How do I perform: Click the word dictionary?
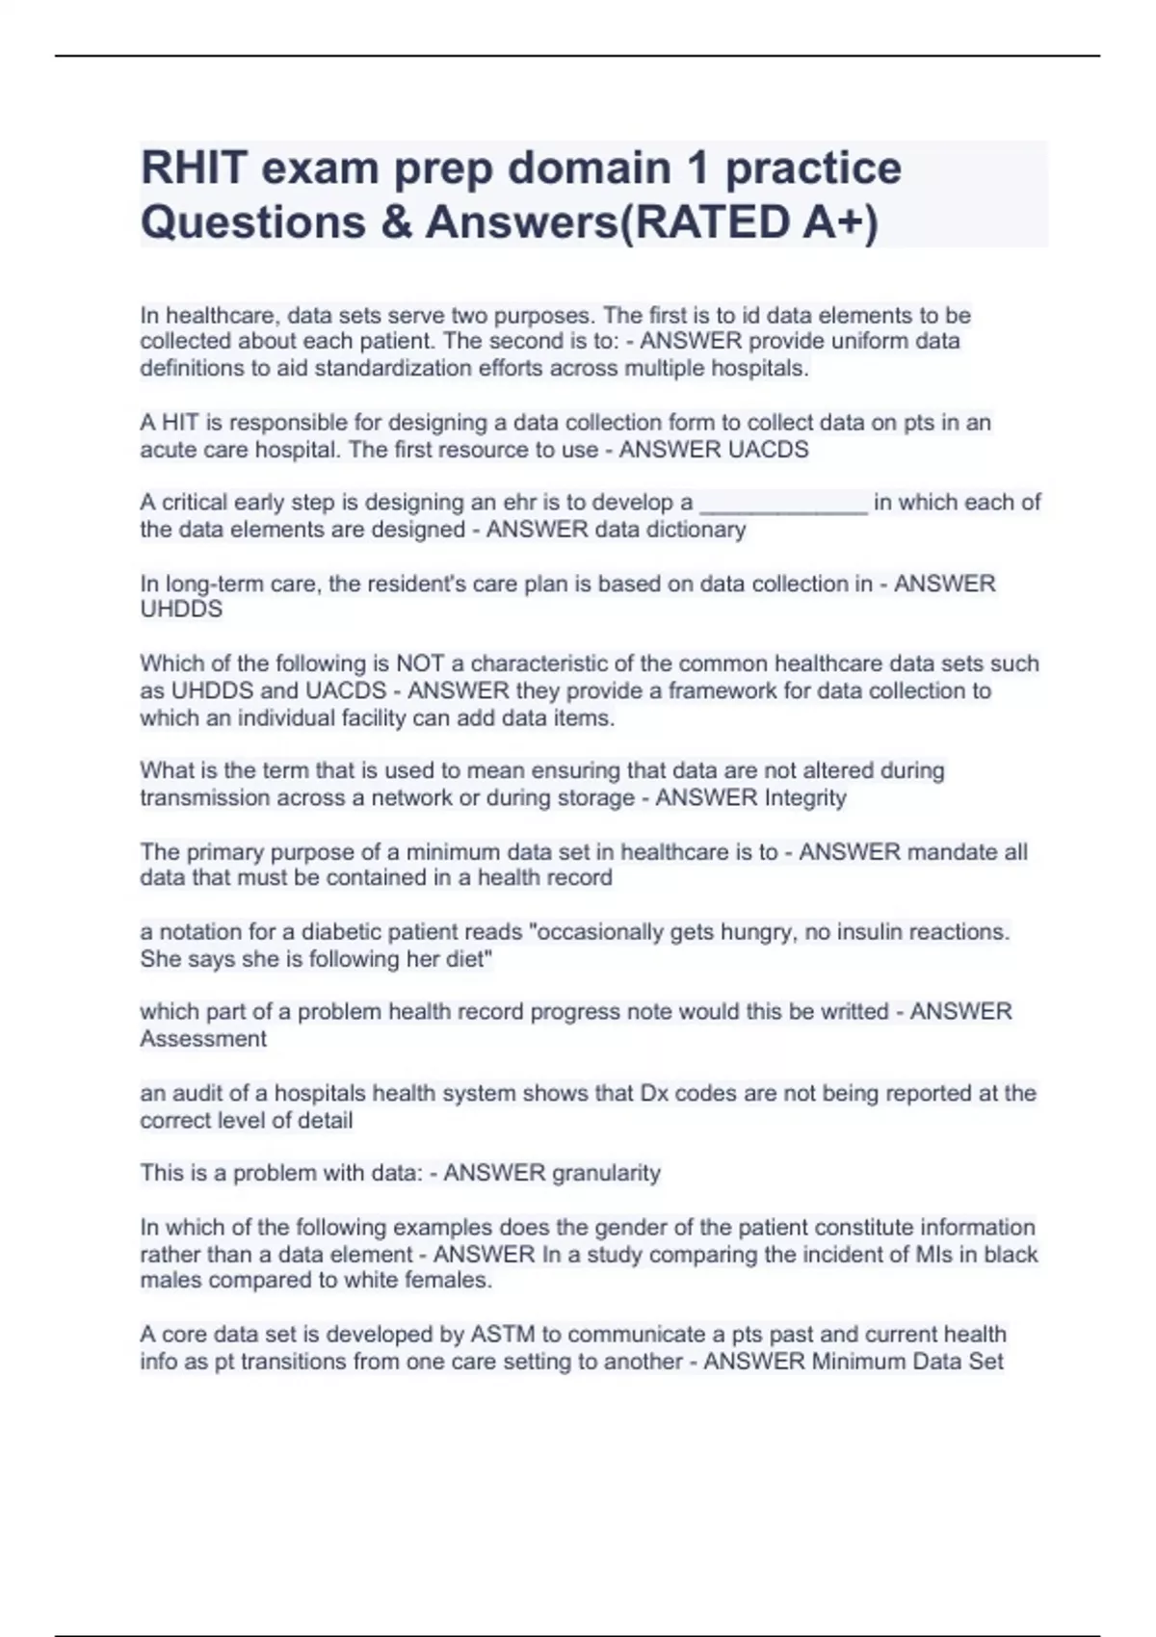699,530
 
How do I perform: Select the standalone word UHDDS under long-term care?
181,610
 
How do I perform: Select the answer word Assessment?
203,1039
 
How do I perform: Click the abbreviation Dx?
653,1093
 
